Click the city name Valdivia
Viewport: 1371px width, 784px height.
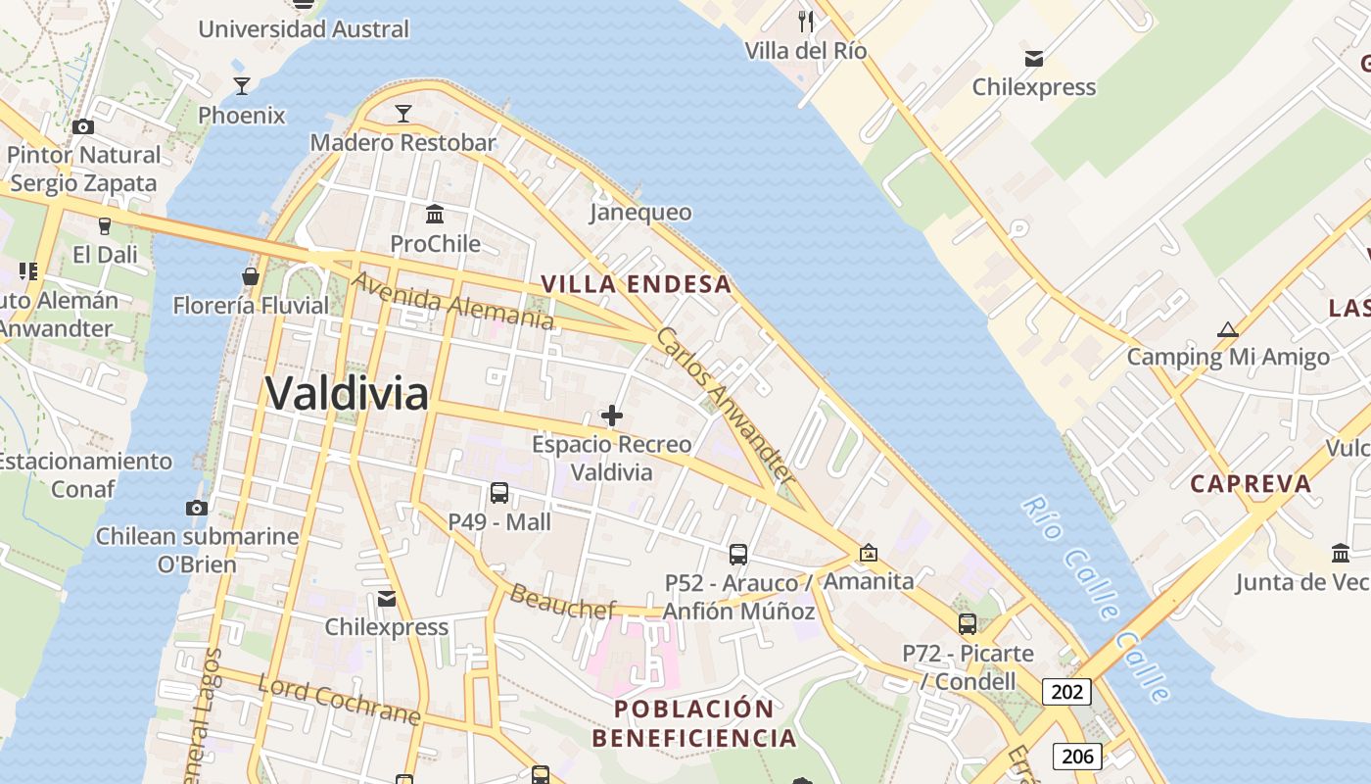[347, 394]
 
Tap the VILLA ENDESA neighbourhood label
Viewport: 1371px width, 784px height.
[637, 284]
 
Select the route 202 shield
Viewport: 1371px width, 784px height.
[1066, 692]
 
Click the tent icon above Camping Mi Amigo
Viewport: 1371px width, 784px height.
[1227, 330]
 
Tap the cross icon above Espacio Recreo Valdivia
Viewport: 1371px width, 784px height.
[612, 416]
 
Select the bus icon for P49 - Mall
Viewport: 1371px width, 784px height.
[499, 493]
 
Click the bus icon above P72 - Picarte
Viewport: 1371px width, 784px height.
[968, 624]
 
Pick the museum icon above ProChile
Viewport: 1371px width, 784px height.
[435, 214]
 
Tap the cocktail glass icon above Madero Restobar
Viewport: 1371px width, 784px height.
[402, 114]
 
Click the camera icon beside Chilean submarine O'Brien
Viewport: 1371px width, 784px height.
[197, 508]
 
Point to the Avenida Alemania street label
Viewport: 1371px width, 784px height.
[452, 301]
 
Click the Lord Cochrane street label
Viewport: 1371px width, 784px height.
[339, 699]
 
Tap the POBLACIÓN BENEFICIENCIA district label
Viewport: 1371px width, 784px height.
[693, 723]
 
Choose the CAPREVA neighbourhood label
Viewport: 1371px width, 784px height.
[1251, 483]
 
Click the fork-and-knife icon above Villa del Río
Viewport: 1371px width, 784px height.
[806, 21]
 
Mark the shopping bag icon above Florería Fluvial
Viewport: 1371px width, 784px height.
[251, 276]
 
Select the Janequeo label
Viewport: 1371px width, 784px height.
[640, 213]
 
